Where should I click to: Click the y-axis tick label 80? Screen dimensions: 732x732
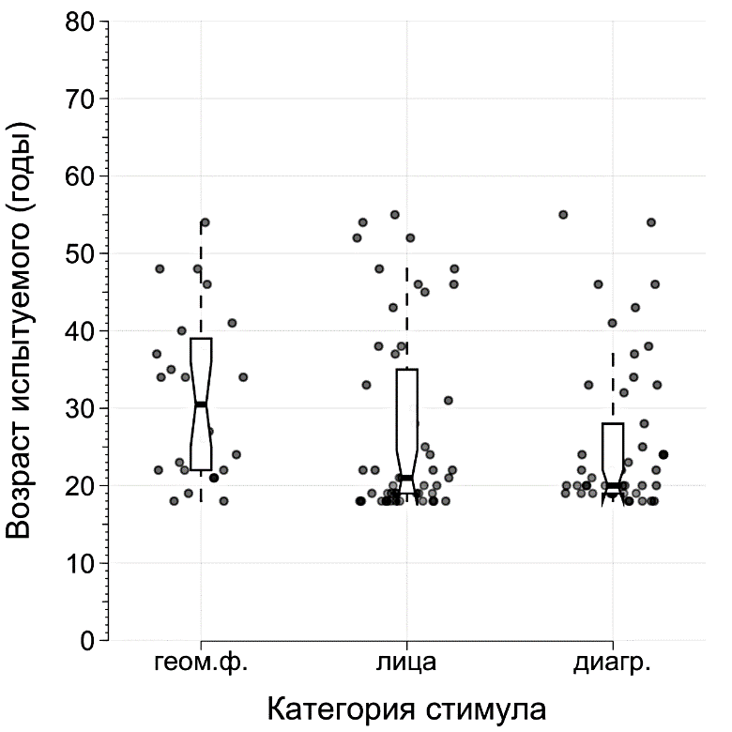[81, 22]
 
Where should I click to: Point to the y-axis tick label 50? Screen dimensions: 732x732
[81, 253]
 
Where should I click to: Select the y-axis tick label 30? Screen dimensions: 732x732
[81, 408]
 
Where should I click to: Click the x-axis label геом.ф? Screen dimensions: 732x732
[201, 663]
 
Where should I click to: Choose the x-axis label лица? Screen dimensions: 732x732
[406, 663]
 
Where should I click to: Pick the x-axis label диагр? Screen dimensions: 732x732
[613, 663]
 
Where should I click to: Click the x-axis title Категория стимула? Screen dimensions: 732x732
[406, 707]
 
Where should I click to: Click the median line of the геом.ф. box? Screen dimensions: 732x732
[201, 404]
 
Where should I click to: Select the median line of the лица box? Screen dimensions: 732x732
[406, 478]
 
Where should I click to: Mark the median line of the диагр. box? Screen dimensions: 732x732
[613, 485]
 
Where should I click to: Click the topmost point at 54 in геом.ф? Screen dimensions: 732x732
[205, 222]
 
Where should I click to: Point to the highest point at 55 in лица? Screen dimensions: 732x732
[395, 215]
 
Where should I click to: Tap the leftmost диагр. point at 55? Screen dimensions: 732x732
[563, 215]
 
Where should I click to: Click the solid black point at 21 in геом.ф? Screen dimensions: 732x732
[214, 478]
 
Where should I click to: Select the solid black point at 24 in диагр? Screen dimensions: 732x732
[663, 454]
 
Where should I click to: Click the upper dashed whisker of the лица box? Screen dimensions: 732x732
[407, 319]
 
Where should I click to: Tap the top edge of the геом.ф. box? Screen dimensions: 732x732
[201, 339]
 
